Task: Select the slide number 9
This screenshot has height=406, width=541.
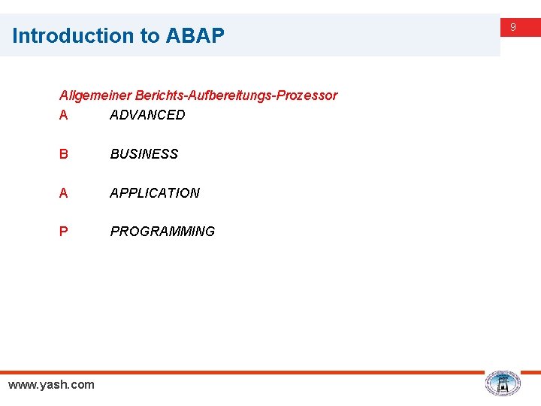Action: tap(513, 27)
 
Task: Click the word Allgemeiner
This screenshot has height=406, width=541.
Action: tap(95, 95)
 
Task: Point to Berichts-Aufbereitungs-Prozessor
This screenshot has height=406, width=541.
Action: tap(236, 95)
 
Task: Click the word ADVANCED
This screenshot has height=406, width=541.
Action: tap(147, 115)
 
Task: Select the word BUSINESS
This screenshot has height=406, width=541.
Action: tap(144, 154)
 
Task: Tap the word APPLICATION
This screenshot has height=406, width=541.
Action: tap(155, 193)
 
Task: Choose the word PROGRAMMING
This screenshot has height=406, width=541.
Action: tap(162, 232)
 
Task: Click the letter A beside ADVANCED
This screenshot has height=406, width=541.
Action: tap(64, 115)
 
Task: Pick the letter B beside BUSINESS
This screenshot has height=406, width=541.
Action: tap(64, 154)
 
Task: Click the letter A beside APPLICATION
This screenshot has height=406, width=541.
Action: tap(64, 193)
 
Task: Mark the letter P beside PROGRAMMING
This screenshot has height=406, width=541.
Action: tap(64, 232)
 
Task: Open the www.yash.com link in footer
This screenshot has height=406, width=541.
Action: tap(51, 385)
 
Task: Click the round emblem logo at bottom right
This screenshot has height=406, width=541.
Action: tap(502, 383)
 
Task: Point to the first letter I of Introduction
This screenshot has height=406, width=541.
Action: tap(15, 35)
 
